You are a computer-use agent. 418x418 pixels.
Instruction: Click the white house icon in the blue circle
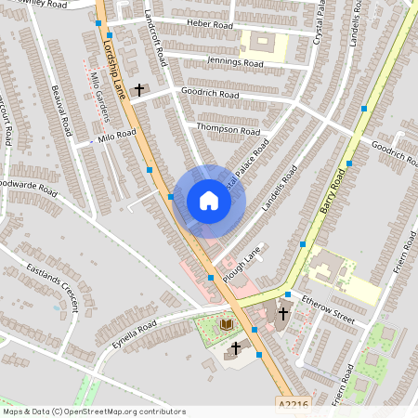click(x=209, y=201)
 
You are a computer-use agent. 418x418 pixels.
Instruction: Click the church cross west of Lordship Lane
click(x=140, y=90)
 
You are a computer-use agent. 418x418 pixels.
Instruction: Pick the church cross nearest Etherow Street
click(x=282, y=314)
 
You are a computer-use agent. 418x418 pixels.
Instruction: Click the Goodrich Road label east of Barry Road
click(x=394, y=152)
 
